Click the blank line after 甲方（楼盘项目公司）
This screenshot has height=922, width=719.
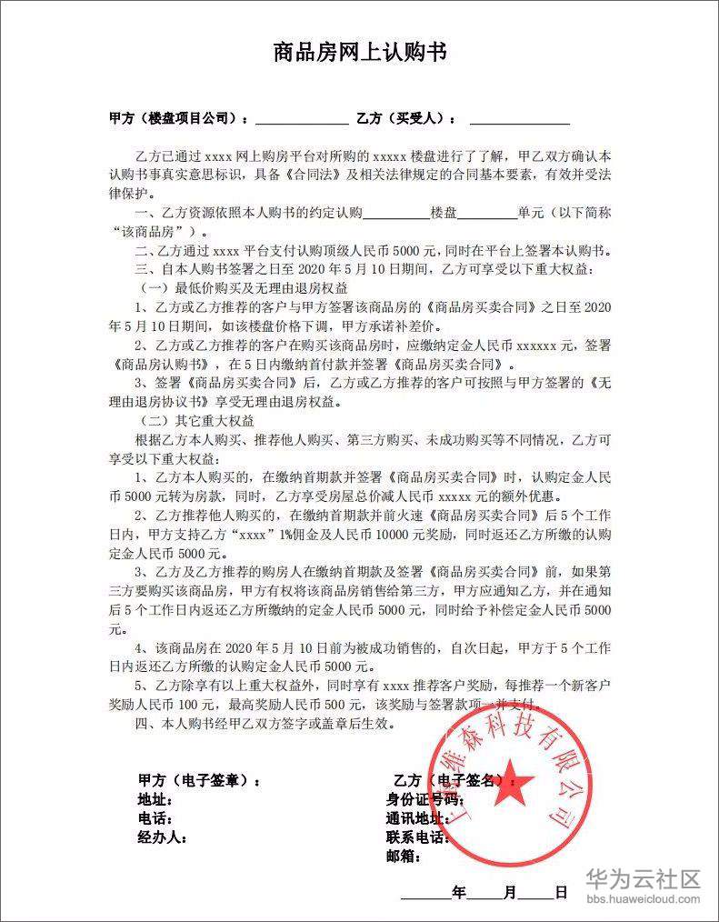click(x=301, y=119)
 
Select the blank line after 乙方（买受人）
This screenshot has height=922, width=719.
click(x=519, y=119)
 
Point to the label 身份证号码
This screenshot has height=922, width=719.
click(x=425, y=800)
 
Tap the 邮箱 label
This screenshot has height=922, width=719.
click(x=405, y=856)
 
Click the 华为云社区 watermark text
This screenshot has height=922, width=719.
click(x=644, y=878)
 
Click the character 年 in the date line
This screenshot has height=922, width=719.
click(x=459, y=892)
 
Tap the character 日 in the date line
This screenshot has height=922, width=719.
click(x=561, y=892)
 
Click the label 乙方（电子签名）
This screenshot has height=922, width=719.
click(x=448, y=780)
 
